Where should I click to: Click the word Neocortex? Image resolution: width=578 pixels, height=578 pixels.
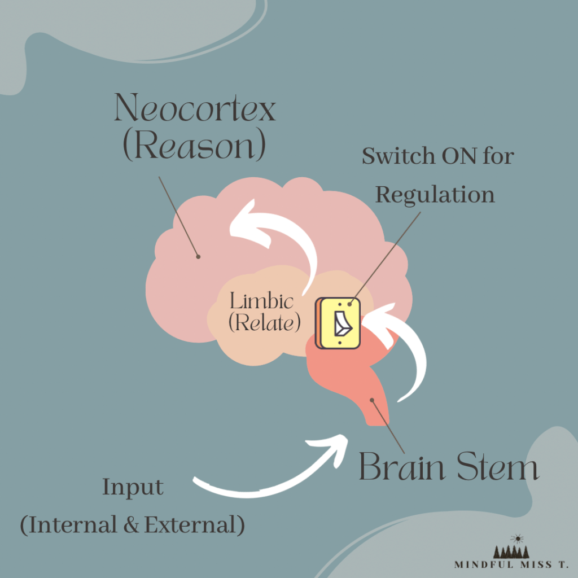pyautogui.click(x=195, y=108)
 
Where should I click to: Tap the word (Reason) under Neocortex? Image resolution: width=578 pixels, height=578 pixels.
pyautogui.click(x=194, y=146)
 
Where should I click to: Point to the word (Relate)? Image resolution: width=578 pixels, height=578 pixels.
pyautogui.click(x=264, y=322)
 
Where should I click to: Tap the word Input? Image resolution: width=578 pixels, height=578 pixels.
pyautogui.click(x=133, y=487)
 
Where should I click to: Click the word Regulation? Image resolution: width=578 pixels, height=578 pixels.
pyautogui.click(x=435, y=195)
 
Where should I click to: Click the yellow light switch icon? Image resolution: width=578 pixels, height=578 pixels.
pyautogui.click(x=339, y=323)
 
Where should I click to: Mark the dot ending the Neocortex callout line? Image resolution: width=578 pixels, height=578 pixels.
pyautogui.click(x=198, y=257)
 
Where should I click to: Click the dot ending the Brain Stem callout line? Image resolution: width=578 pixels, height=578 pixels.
pyautogui.click(x=372, y=400)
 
